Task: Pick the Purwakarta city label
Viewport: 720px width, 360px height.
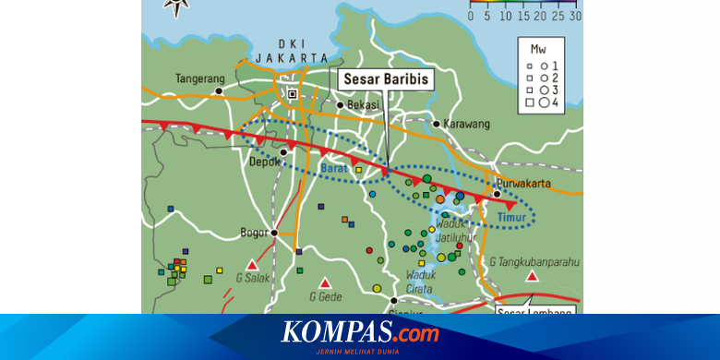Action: [x=522, y=183]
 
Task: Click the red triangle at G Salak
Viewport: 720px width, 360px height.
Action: [x=251, y=265]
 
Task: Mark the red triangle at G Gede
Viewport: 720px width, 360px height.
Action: [x=324, y=282]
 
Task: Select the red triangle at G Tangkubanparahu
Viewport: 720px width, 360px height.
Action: [x=532, y=276]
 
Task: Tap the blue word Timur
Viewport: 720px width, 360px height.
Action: [x=510, y=218]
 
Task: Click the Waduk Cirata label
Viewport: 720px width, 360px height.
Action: [x=421, y=279]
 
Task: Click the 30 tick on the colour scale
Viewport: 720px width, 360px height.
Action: [x=575, y=16]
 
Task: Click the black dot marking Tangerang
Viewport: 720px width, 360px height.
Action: [x=220, y=91]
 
